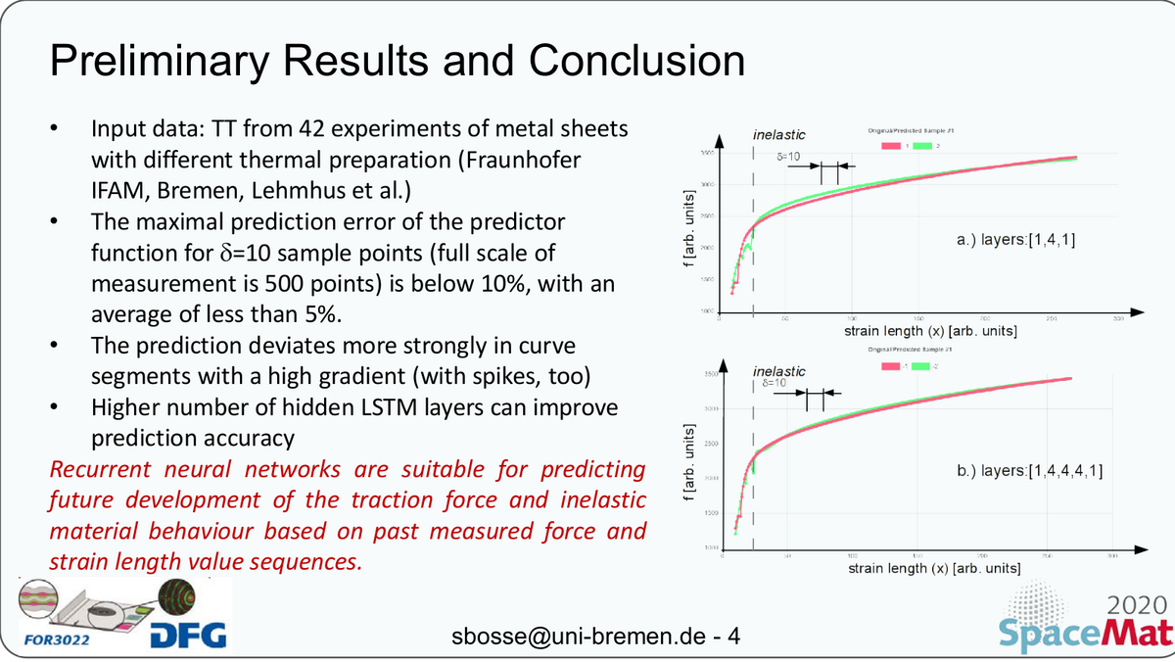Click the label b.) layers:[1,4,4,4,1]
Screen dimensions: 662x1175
tap(1031, 472)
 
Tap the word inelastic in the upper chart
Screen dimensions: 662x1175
tap(779, 134)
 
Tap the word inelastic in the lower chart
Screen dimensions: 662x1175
tap(779, 371)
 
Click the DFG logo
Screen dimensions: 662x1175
tap(189, 636)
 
